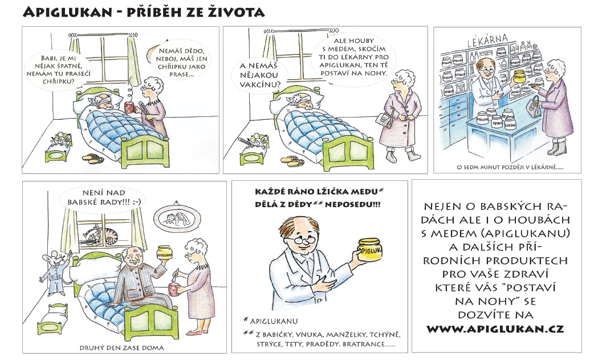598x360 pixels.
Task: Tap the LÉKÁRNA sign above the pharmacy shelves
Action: point(488,40)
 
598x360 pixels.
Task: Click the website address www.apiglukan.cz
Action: point(495,329)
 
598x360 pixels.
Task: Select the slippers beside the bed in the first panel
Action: point(93,158)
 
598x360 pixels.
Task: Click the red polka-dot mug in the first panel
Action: point(129,107)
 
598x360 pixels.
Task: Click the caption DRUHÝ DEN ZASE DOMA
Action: point(121,348)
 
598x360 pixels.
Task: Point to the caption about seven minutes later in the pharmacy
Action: point(510,167)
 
